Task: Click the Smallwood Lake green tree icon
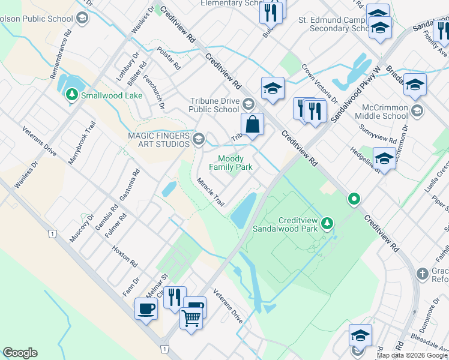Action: coord(71,95)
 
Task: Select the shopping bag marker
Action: coord(253,125)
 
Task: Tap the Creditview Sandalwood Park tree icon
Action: coord(327,224)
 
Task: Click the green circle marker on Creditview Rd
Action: coord(355,199)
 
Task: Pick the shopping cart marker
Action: coord(191,319)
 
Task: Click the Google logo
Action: coord(20,352)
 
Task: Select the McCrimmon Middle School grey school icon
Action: coord(418,111)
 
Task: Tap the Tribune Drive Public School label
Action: coord(214,105)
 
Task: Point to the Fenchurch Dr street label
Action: coord(161,97)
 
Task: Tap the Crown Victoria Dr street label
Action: coord(319,83)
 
